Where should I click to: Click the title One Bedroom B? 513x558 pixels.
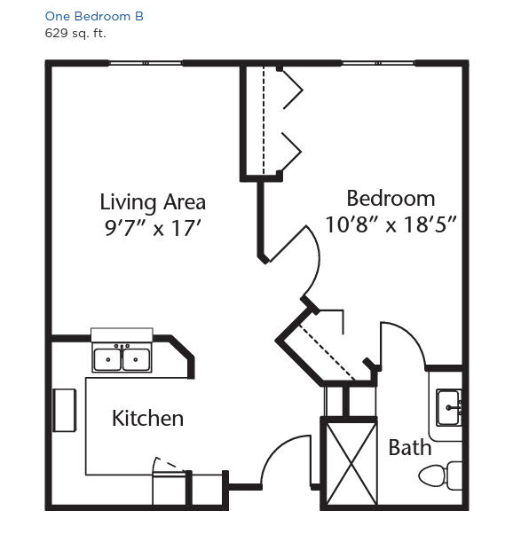pos(94,16)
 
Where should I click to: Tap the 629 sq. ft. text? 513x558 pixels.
pos(75,34)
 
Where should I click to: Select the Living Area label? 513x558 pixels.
pos(153,202)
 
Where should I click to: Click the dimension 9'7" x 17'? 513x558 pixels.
pos(153,228)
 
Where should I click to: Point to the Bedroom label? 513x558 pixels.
pos(391,199)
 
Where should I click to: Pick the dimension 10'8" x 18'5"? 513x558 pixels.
pos(391,224)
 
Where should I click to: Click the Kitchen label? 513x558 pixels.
pos(147,418)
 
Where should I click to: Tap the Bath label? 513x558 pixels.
pos(410,448)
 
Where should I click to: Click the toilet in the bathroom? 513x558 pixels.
pos(440,475)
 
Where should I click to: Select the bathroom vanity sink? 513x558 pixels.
pos(449,407)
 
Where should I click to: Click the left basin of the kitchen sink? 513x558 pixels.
pos(107,359)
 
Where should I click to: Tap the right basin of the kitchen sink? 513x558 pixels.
pos(136,359)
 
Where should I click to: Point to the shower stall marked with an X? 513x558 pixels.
pos(351,463)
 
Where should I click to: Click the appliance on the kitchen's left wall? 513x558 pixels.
pos(65,411)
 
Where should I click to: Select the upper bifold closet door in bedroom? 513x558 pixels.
pos(292,89)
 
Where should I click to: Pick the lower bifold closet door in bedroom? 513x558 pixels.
pos(291,152)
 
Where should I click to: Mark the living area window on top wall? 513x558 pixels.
pos(146,63)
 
